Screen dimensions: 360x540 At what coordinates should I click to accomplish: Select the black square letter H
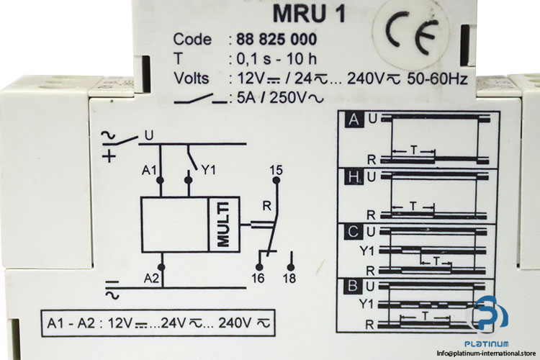354,176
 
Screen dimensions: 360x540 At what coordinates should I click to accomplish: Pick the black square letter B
354,285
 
